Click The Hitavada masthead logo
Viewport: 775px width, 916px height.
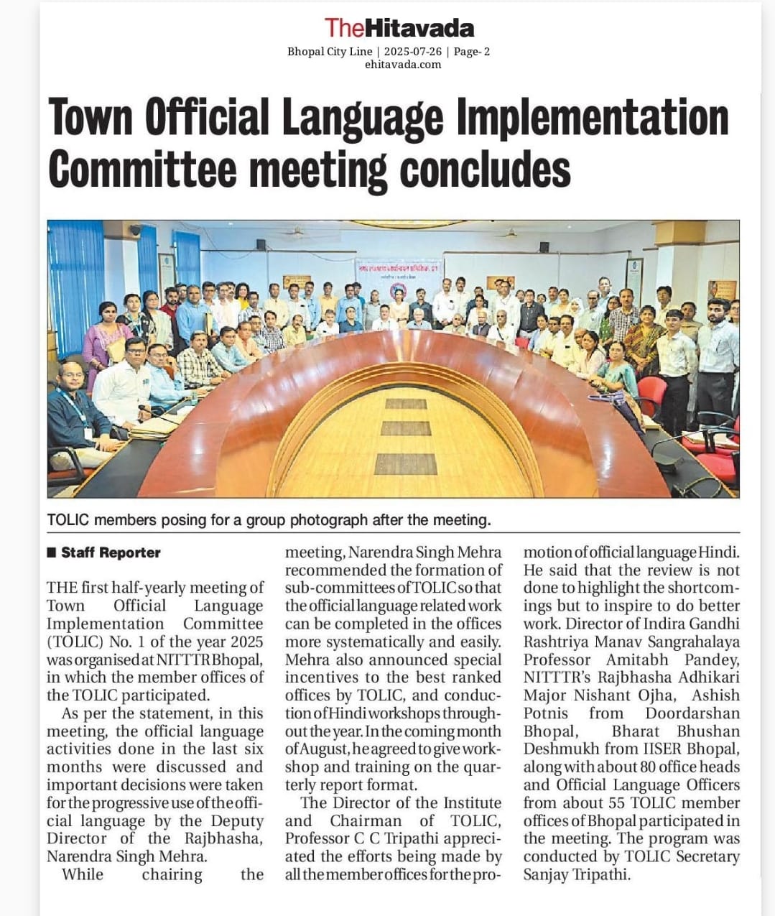pyautogui.click(x=399, y=28)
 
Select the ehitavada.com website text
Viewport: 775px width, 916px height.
pyautogui.click(x=403, y=65)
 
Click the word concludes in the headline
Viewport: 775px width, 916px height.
pyautogui.click(x=485, y=170)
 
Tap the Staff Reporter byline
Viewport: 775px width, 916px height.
pyautogui.click(x=111, y=552)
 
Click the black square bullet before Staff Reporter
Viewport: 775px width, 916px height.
pyautogui.click(x=51, y=552)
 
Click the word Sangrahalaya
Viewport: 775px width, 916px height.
pyautogui.click(x=689, y=642)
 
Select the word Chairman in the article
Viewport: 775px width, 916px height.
pyautogui.click(x=366, y=820)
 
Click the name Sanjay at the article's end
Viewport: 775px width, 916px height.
pyautogui.click(x=546, y=874)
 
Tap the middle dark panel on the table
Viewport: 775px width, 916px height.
pyautogui.click(x=406, y=429)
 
